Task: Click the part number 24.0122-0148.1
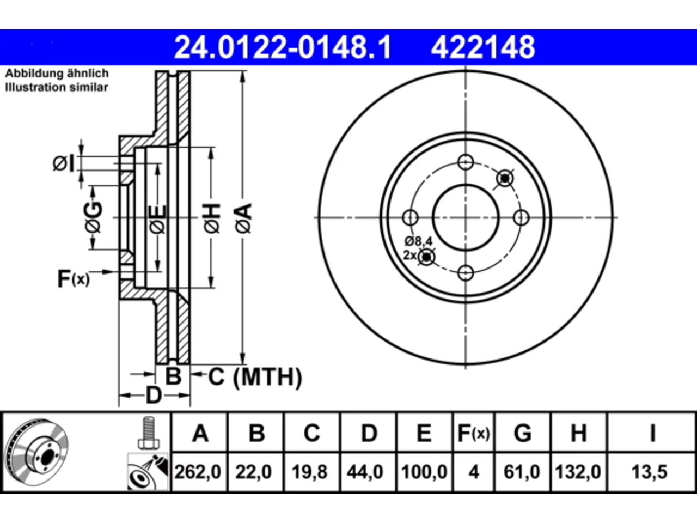(283, 47)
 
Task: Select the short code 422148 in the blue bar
(483, 47)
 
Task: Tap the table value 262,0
(198, 472)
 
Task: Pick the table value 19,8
(310, 472)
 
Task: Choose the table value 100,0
(424, 472)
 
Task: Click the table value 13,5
(650, 472)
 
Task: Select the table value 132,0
(578, 472)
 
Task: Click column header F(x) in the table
(473, 433)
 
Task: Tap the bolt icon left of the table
(149, 433)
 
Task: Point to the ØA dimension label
(244, 219)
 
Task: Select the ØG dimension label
(93, 217)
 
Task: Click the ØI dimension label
(64, 164)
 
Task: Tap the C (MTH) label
(255, 377)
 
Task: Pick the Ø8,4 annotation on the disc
(419, 242)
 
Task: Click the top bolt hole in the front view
(466, 162)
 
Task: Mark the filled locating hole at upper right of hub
(505, 179)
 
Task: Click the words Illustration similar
(57, 87)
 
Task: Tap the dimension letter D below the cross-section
(154, 396)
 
